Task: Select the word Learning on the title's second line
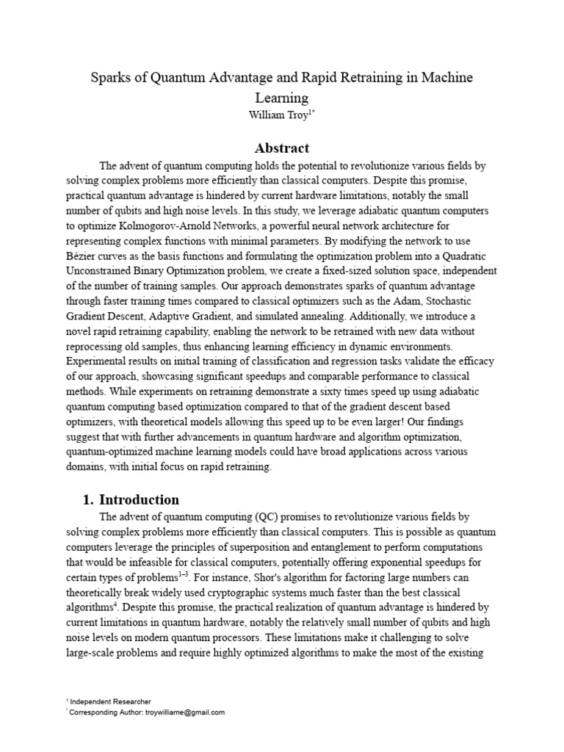coord(282,97)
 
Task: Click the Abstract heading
coord(282,148)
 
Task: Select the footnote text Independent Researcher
coord(111,701)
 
